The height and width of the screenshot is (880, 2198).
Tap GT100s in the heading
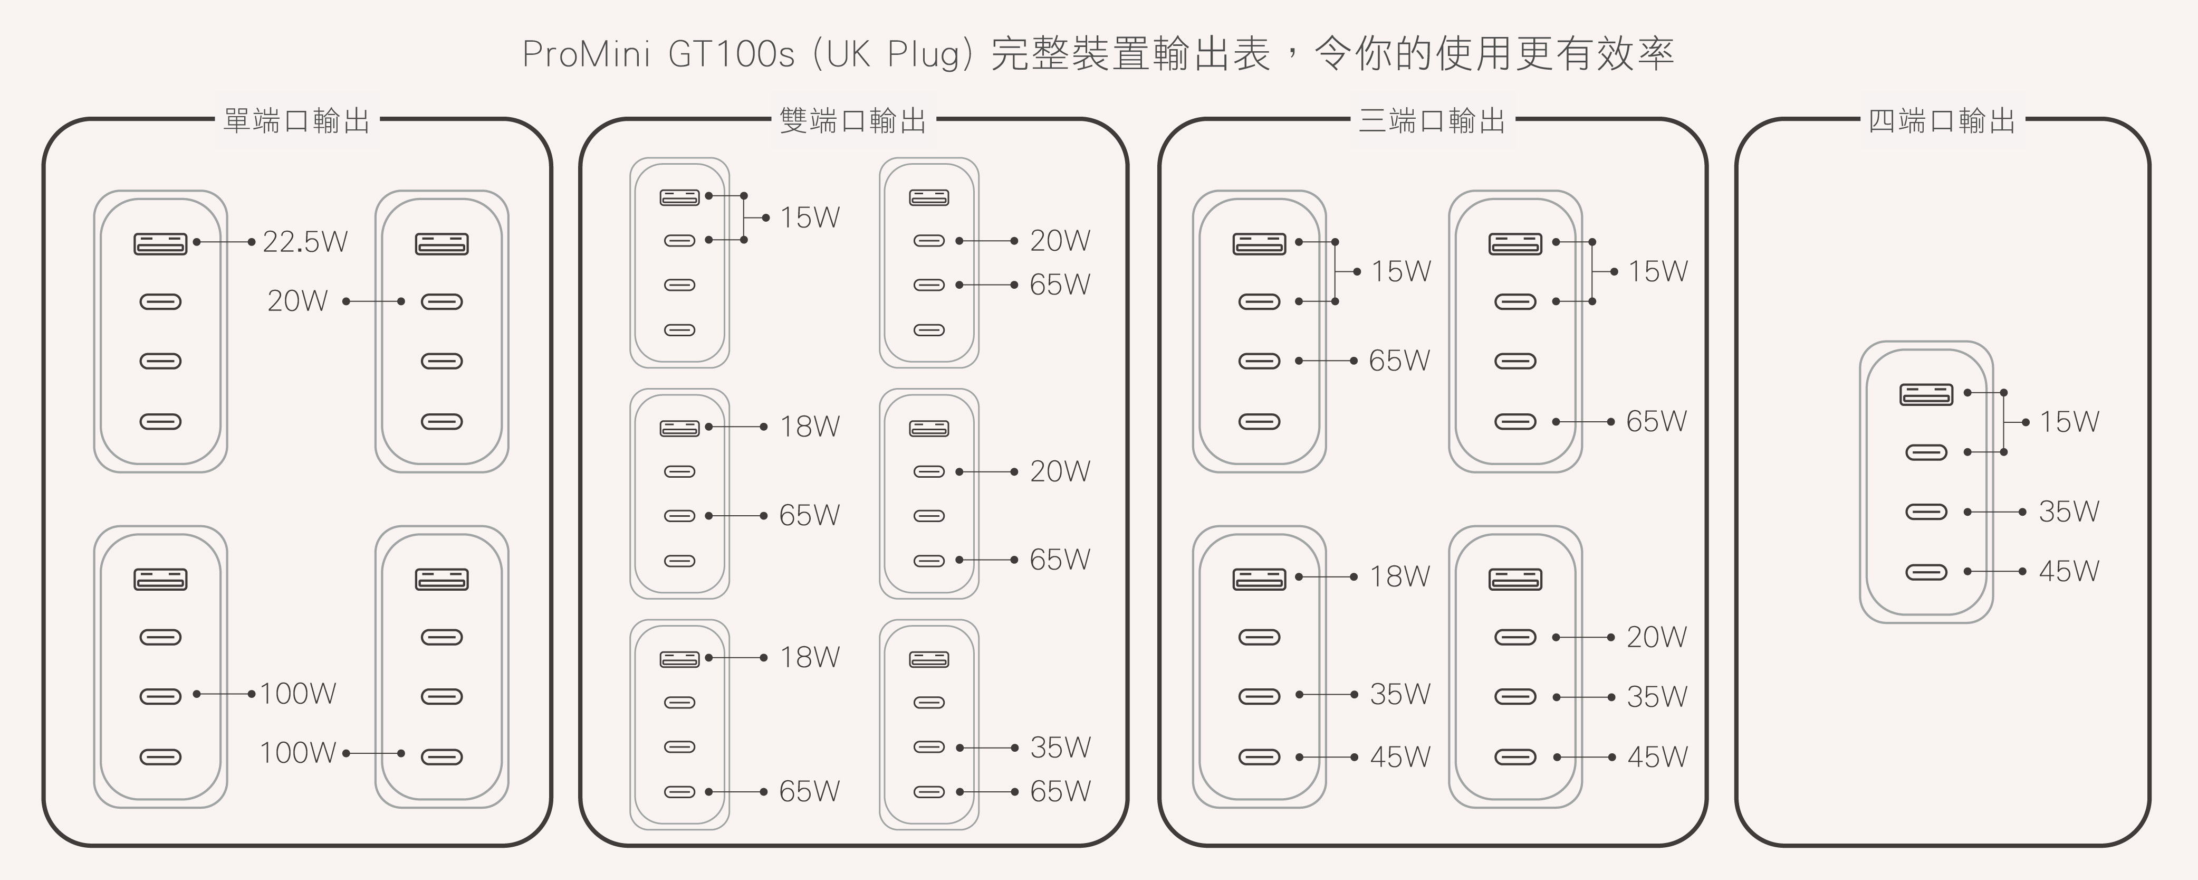point(731,54)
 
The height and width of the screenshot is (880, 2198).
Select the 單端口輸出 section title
point(296,120)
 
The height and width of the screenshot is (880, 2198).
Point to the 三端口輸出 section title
point(1432,120)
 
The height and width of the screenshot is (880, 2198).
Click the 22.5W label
point(304,242)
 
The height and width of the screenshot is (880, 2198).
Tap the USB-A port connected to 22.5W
point(160,243)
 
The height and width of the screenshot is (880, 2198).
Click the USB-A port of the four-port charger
point(1926,394)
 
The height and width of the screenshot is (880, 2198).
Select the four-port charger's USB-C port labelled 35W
point(1926,512)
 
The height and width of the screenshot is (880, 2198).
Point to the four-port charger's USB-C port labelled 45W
point(1926,572)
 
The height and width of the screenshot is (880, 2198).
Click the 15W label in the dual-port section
point(809,217)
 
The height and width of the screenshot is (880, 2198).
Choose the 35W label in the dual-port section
point(1060,747)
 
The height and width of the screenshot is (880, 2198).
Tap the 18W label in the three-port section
point(1399,577)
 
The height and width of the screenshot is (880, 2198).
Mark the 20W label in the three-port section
point(1656,637)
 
